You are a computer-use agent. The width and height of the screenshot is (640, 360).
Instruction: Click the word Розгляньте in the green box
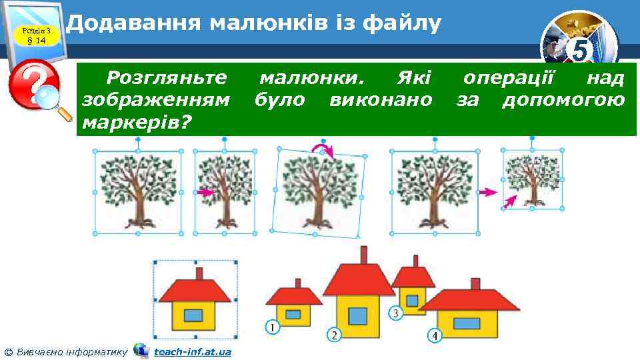click(x=167, y=79)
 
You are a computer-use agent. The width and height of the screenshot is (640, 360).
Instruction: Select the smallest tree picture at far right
click(x=531, y=178)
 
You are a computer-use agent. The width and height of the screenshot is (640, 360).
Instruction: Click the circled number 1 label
click(x=271, y=327)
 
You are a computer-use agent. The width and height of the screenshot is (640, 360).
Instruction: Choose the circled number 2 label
click(x=333, y=334)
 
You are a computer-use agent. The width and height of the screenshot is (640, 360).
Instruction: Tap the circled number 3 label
click(x=395, y=313)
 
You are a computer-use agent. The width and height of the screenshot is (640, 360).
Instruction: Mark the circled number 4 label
click(x=435, y=335)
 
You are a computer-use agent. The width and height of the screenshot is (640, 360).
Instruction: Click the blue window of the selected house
click(x=193, y=314)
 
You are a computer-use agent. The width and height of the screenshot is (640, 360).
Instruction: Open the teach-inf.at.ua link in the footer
click(x=192, y=351)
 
